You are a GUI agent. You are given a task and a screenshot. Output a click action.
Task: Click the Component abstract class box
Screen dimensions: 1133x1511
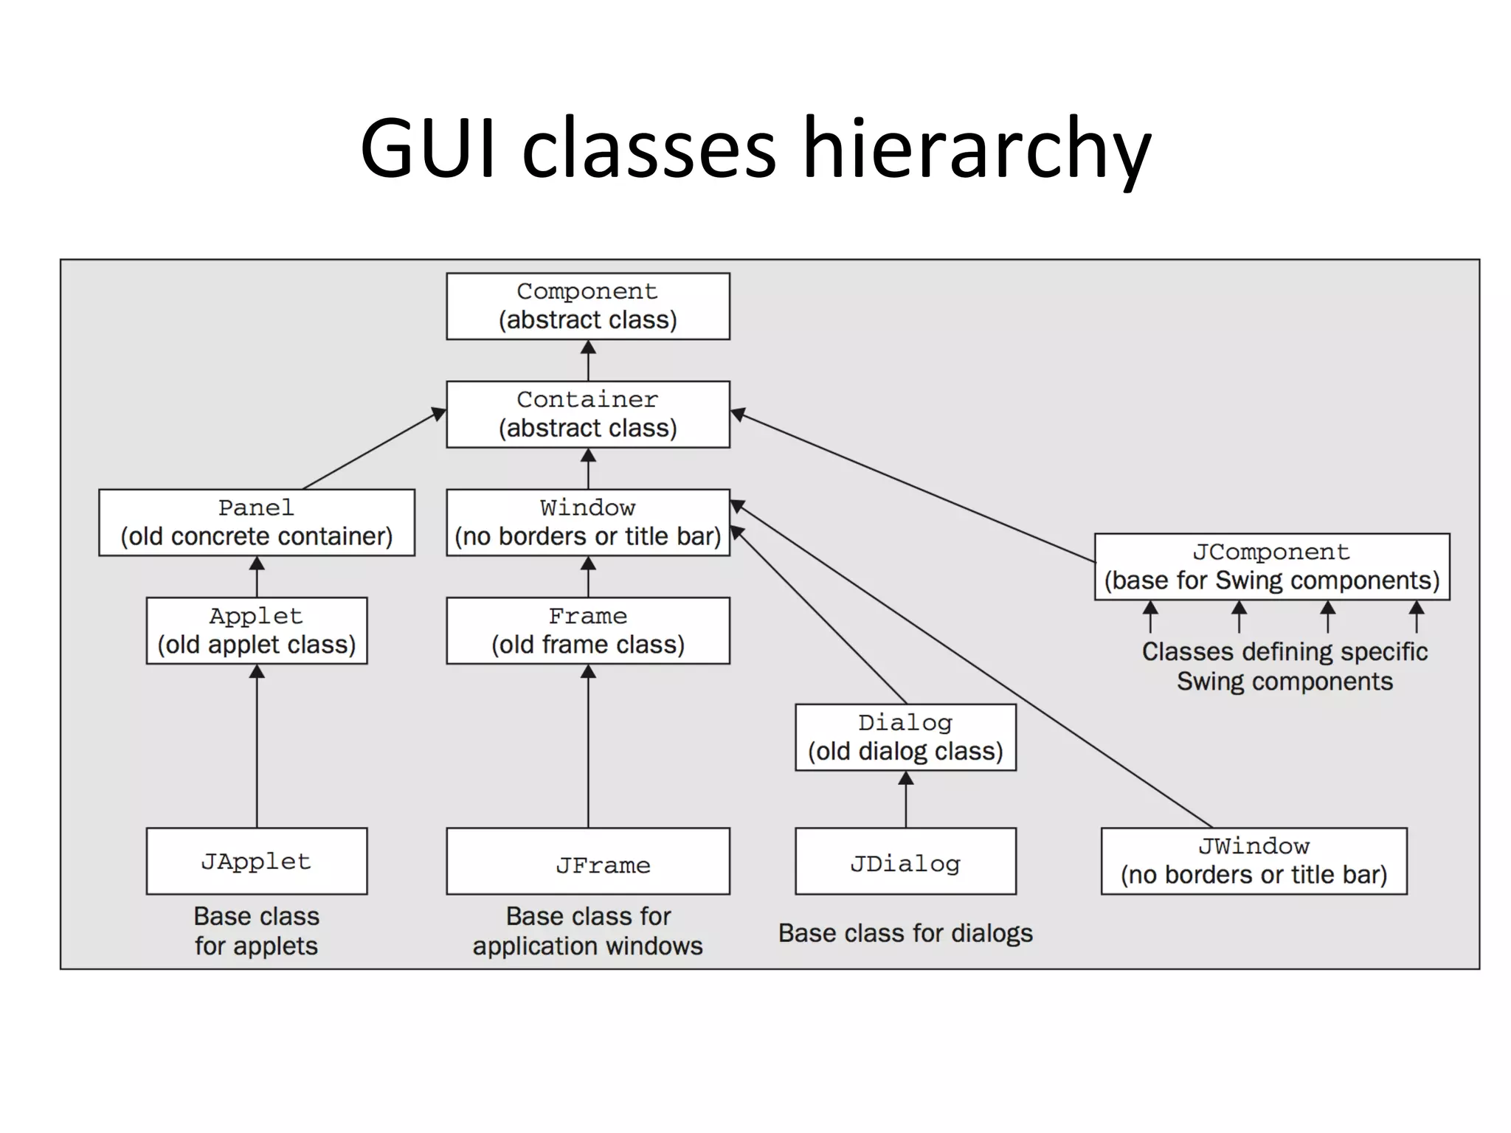[587, 306]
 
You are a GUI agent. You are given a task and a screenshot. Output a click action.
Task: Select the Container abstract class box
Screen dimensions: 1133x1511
[587, 414]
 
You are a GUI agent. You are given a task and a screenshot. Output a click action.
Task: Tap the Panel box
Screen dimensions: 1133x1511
[256, 522]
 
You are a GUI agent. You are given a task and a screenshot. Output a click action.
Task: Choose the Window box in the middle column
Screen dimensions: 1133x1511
[587, 522]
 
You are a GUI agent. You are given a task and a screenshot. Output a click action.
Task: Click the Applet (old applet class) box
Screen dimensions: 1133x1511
[256, 631]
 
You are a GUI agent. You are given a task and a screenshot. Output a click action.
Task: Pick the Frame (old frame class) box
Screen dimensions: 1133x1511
[587, 631]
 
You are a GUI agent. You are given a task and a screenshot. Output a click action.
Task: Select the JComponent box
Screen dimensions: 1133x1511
[1271, 566]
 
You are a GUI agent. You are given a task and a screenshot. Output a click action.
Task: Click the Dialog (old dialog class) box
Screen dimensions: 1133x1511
[905, 737]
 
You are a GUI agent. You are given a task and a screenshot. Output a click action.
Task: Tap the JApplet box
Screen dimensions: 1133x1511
[256, 861]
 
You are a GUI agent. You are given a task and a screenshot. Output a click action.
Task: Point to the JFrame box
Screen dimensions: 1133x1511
[587, 861]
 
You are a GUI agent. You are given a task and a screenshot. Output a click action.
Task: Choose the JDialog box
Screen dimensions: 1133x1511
[905, 861]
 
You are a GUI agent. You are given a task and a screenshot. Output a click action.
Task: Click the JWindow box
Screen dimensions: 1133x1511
[1254, 861]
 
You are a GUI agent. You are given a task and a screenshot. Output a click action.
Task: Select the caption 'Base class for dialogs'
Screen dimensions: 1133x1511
[905, 933]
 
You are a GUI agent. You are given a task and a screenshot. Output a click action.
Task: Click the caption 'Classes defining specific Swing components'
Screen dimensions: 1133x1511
[1284, 666]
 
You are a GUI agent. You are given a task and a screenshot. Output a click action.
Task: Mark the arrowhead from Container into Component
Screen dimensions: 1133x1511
[588, 347]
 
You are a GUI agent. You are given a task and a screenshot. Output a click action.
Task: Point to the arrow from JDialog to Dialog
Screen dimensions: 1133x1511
[906, 800]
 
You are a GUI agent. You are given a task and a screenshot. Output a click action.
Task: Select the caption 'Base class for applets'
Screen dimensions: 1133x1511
[256, 931]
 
